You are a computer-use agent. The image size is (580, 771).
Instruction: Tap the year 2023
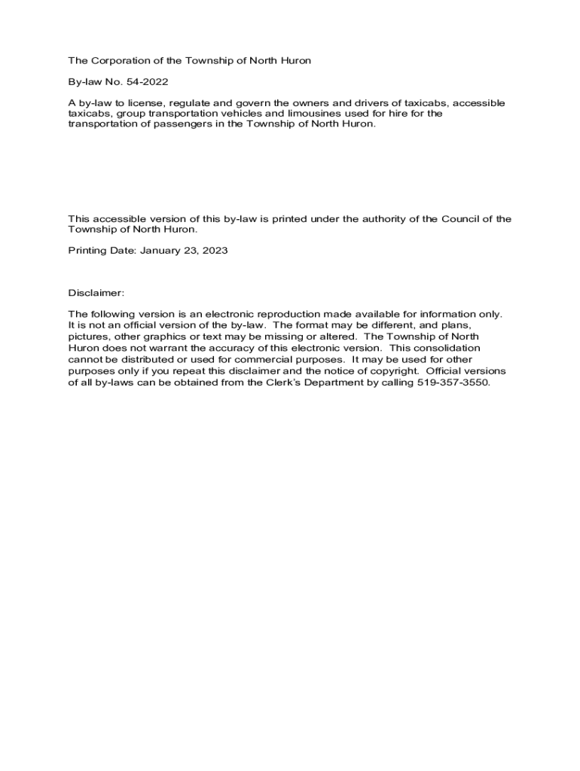(214, 250)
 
